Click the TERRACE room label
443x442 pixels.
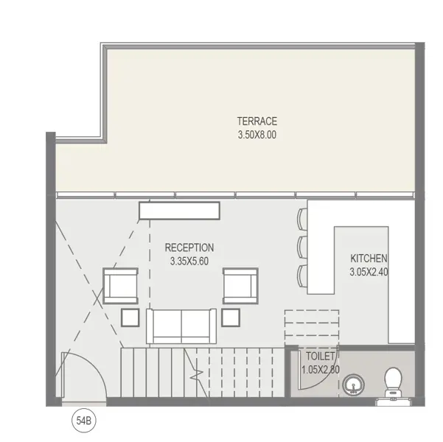257,121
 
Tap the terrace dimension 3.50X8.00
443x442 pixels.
257,135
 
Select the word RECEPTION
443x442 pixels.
189,248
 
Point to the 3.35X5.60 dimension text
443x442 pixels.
189,262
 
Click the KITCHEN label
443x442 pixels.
369,259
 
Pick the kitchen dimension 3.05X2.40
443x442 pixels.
369,272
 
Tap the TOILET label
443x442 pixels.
321,357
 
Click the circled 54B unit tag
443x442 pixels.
84,421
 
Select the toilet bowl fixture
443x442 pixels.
393,382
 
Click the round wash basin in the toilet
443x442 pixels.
353,385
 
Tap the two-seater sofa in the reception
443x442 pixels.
181,326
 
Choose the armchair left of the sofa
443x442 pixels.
121,286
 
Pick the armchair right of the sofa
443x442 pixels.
240,286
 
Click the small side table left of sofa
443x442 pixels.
130,318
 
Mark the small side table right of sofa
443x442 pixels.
231,318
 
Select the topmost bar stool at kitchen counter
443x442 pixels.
302,220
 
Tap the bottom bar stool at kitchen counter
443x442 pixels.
302,276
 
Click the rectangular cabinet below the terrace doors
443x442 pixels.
179,211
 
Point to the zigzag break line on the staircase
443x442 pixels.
196,373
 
